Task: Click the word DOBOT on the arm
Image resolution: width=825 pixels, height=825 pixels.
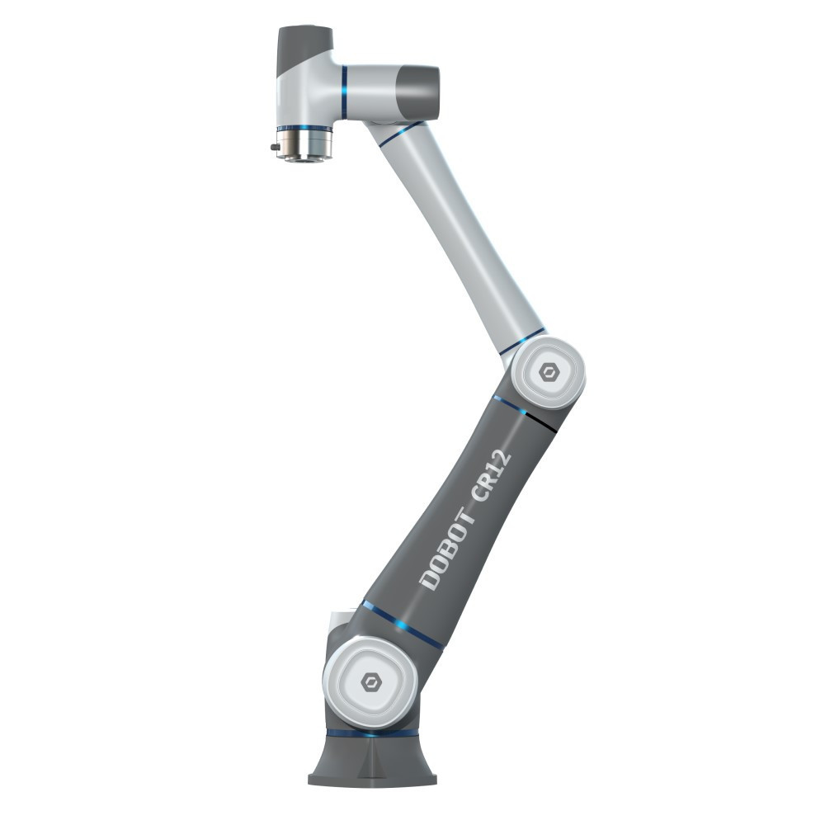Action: pos(447,545)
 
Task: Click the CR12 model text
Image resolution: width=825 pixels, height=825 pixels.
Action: pos(490,475)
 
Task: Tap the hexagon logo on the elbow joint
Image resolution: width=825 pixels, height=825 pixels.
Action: pos(549,374)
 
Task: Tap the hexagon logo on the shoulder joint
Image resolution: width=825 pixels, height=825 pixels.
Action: pos(370,682)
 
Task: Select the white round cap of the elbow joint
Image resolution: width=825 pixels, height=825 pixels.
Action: pos(549,374)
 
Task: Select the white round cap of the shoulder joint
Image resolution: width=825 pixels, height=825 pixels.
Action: pos(370,682)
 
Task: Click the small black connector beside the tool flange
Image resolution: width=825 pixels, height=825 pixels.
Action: pos(274,148)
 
